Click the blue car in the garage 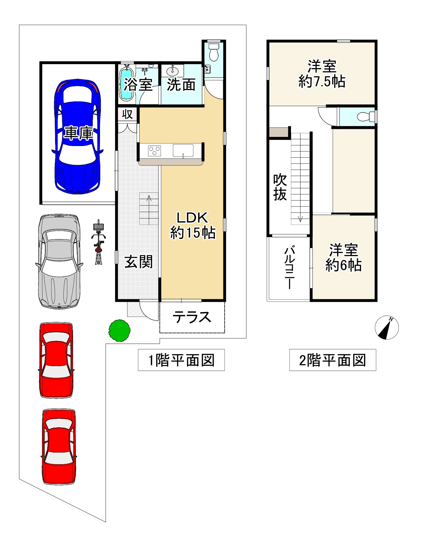pyautogui.click(x=78, y=136)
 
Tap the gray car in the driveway pyautogui.click(x=59, y=261)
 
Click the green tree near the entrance pyautogui.click(x=119, y=330)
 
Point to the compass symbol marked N pyautogui.click(x=387, y=327)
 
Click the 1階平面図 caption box pyautogui.click(x=181, y=360)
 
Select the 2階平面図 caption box pyautogui.click(x=332, y=360)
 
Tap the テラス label pyautogui.click(x=192, y=317)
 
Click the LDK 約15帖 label pyautogui.click(x=193, y=225)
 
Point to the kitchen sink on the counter pyautogui.click(x=183, y=151)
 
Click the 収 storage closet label pyautogui.click(x=127, y=114)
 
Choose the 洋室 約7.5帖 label pyautogui.click(x=322, y=74)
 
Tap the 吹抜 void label pyautogui.click(x=280, y=187)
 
